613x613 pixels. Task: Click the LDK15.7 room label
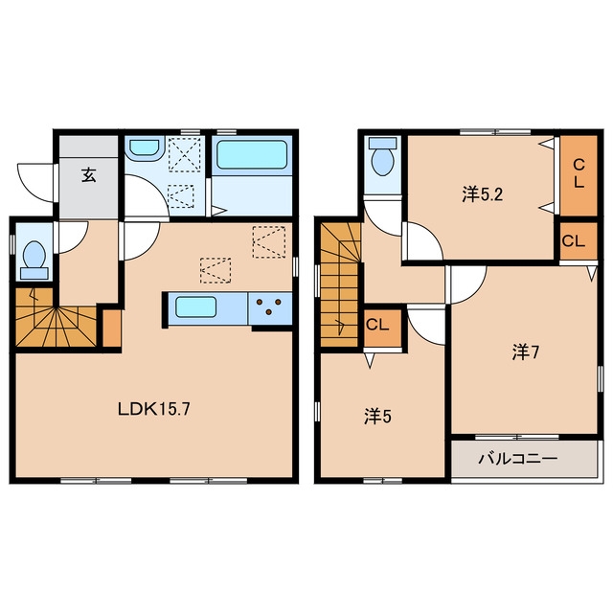(x=154, y=409)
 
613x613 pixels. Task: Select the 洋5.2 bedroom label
(x=482, y=194)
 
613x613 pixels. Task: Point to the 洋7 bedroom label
(x=526, y=352)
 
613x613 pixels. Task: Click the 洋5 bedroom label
(x=377, y=417)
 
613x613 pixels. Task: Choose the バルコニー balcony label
(x=518, y=459)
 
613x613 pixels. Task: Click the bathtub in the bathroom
(x=252, y=155)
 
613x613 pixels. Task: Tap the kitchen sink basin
(x=195, y=306)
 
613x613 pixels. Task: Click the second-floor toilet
(x=383, y=157)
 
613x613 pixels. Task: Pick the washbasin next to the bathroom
(x=146, y=149)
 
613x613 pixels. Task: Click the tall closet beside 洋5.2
(x=579, y=175)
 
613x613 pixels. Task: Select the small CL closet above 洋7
(x=579, y=240)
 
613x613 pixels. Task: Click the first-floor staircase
(x=56, y=317)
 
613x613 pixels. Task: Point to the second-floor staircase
(x=340, y=285)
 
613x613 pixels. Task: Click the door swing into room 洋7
(x=467, y=284)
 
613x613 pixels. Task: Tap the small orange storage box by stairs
(x=111, y=328)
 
